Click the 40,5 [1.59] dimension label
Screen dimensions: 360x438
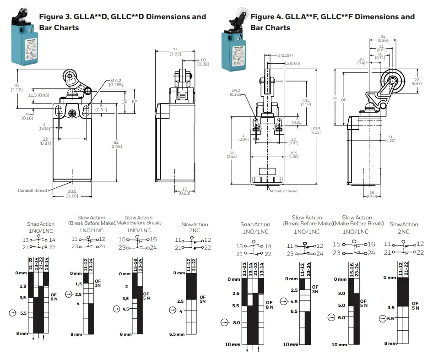tap(306, 102)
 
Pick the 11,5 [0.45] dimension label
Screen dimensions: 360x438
tap(39, 95)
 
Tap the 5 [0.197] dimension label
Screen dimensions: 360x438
tap(285, 55)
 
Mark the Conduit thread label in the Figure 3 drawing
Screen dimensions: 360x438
tap(32, 191)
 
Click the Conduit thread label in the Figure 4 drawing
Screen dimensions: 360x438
tap(285, 191)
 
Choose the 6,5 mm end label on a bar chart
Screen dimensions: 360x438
tap(176, 334)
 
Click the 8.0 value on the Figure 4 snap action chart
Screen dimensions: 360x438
tap(236, 322)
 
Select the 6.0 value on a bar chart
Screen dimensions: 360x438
tap(341, 317)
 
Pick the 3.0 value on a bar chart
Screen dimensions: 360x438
tap(341, 293)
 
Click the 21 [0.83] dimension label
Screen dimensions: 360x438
tap(382, 48)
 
